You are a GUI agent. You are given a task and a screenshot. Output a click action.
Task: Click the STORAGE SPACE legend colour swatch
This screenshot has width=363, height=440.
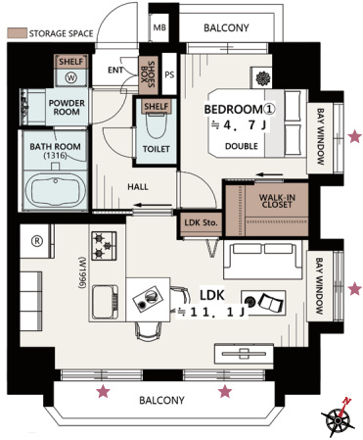[x=18, y=32]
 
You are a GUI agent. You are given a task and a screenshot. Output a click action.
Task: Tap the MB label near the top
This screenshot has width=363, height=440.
[x=159, y=27]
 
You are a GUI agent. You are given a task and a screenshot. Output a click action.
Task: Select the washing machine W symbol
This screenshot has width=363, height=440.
[x=70, y=77]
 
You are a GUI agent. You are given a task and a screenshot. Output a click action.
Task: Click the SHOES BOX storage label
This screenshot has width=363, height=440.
[x=148, y=74]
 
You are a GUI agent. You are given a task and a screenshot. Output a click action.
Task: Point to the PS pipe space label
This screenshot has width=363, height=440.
[x=169, y=74]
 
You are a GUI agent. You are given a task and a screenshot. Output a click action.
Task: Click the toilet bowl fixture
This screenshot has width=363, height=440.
[x=157, y=125]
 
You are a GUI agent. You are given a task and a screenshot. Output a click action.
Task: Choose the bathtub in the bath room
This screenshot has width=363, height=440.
[x=56, y=189]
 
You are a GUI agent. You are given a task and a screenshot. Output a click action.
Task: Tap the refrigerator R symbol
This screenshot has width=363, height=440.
[x=37, y=241]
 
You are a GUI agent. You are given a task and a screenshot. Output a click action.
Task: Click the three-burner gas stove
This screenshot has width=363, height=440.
[x=104, y=246]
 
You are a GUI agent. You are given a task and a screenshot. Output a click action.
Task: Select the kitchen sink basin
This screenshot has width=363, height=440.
[x=105, y=302]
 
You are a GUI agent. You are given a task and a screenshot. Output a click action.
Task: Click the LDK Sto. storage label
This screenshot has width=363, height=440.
[x=201, y=222]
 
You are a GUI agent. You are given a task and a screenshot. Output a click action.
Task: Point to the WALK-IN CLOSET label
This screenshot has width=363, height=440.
[x=277, y=201]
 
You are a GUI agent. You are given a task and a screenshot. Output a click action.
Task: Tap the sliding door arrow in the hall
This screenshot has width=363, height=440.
[x=153, y=205]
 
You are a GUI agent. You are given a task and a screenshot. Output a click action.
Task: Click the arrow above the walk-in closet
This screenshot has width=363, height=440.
[x=270, y=174]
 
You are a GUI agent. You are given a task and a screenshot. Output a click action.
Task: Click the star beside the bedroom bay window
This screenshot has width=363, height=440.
[x=355, y=136]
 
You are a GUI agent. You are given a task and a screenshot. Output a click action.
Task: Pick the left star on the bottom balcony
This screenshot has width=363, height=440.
[x=104, y=391]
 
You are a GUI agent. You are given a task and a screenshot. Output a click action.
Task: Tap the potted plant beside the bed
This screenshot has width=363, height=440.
[x=261, y=78]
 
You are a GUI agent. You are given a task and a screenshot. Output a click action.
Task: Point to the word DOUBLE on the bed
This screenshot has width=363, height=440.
[x=242, y=146]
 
